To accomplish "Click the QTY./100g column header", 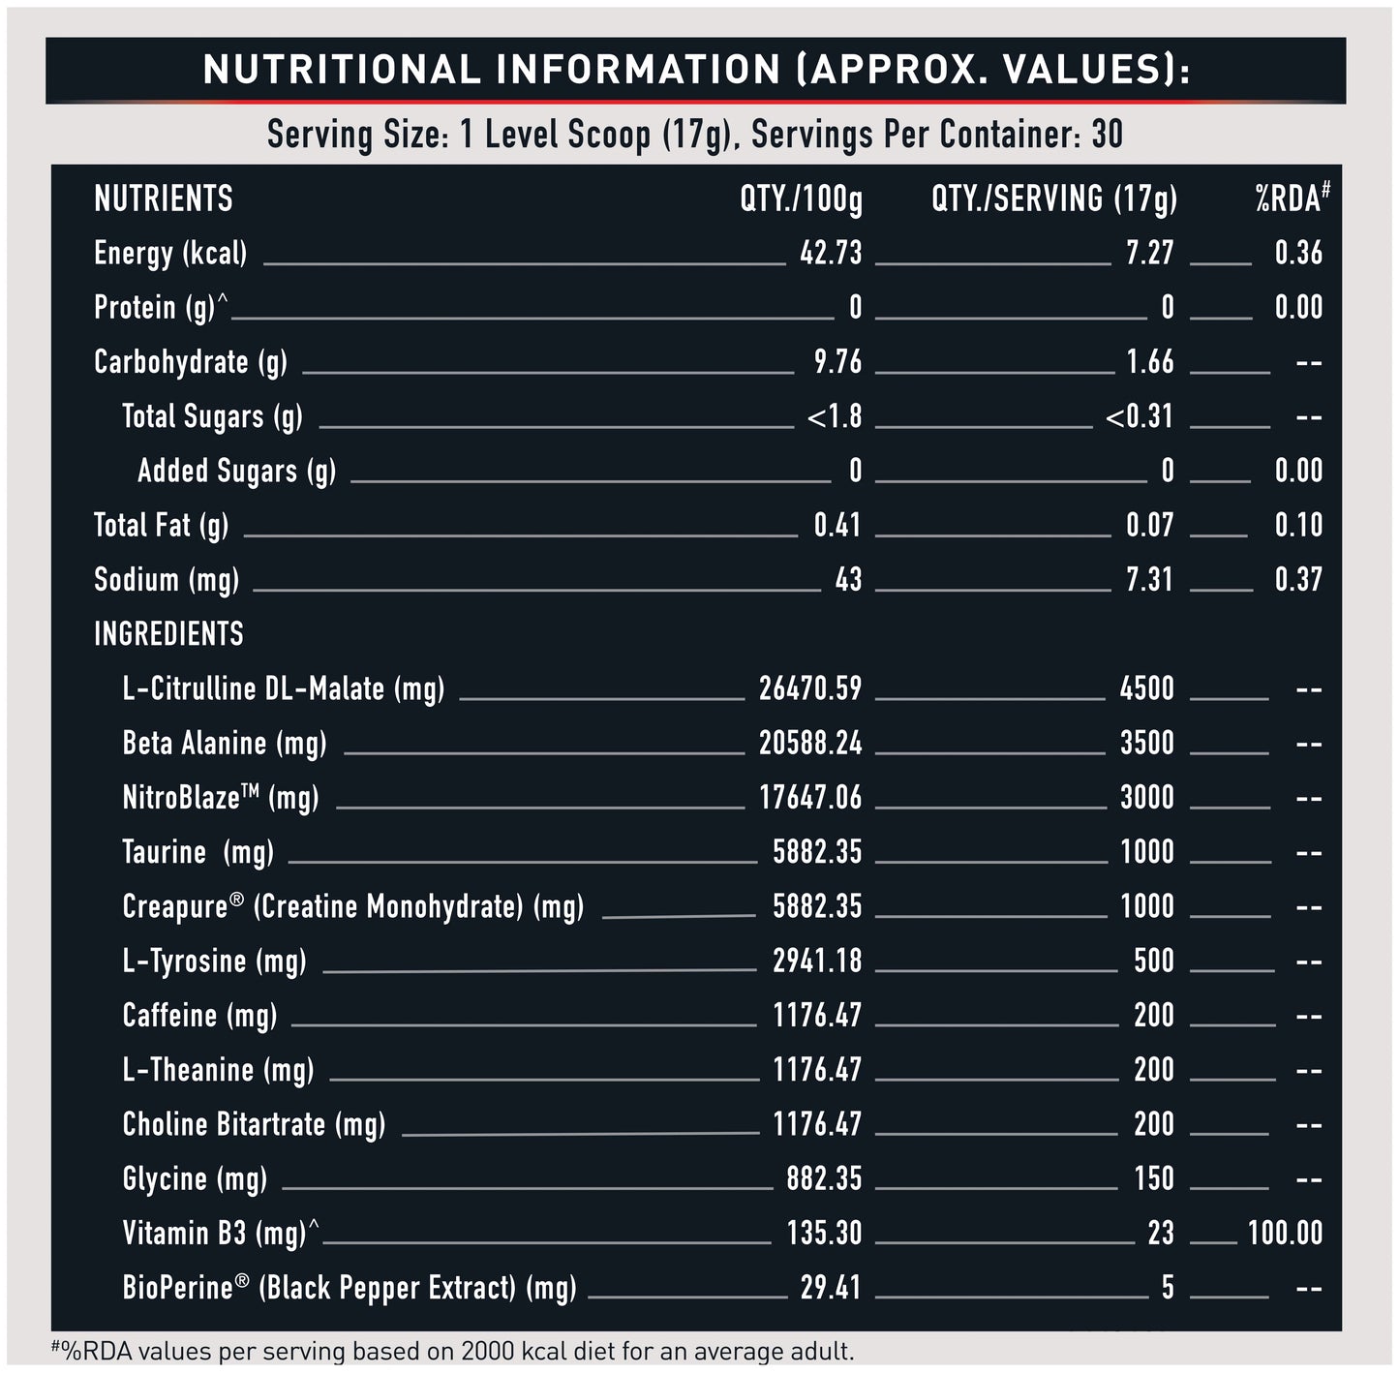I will coord(801,199).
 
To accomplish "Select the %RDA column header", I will coord(1292,199).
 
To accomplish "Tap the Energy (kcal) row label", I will coord(170,254).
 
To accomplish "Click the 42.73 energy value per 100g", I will coord(831,254).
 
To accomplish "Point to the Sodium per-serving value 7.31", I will coord(1149,580).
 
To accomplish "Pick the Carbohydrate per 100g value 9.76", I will coord(837,362).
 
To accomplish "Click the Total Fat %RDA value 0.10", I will coord(1297,526).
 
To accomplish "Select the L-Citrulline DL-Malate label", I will coord(283,689).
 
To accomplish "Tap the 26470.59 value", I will coord(809,689).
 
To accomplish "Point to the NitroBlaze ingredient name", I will coord(220,798).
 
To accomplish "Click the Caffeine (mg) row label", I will coord(199,1016).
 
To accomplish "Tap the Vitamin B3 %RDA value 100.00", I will coord(1284,1234).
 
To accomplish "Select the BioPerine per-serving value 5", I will coord(1168,1288).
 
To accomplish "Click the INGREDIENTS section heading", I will coord(168,634).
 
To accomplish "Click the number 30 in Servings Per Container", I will coord(1107,135).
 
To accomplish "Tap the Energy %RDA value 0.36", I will coord(1297,254).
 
